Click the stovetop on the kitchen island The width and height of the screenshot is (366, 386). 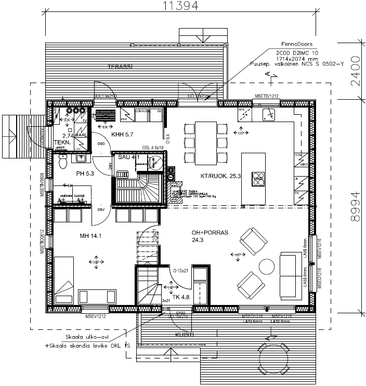click(x=257, y=178)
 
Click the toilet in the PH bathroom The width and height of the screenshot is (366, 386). click(x=62, y=163)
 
